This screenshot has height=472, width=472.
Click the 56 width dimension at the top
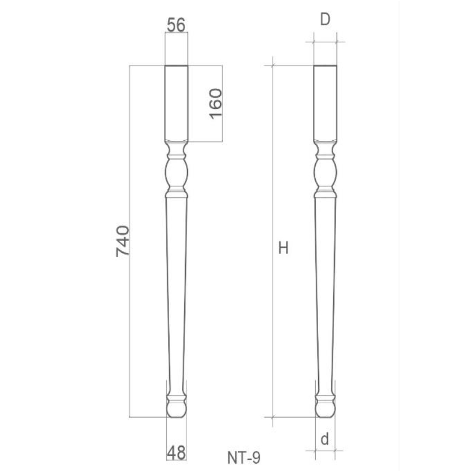[x=176, y=25]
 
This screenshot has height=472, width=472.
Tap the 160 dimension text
[x=215, y=104]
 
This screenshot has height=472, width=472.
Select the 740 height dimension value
[x=123, y=241]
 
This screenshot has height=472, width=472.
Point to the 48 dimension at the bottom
[x=176, y=452]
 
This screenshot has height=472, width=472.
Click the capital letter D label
[x=325, y=20]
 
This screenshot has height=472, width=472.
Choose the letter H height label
[x=284, y=248]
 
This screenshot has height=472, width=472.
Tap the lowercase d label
[x=324, y=440]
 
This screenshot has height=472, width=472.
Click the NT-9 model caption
[x=244, y=458]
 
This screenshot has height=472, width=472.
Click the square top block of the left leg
[x=177, y=103]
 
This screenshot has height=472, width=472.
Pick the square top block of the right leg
[x=326, y=103]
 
